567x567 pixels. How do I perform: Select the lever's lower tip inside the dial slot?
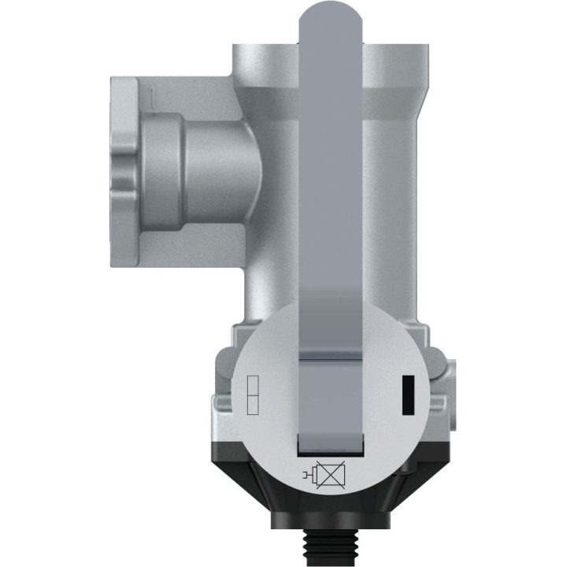[330, 441]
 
